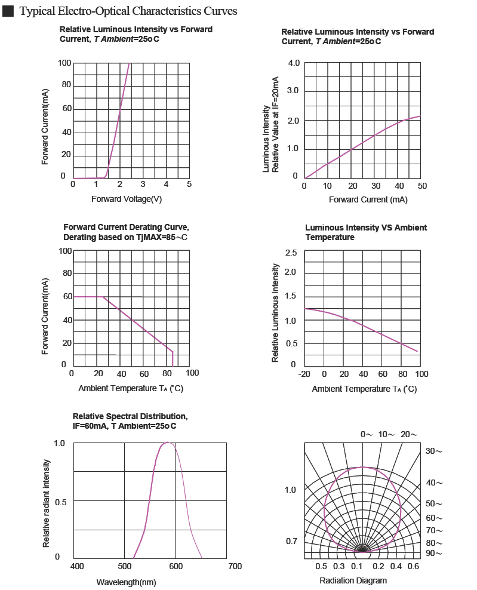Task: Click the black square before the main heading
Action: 8,12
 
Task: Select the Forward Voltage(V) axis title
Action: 127,199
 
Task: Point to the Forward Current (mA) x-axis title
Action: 368,199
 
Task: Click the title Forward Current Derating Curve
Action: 126,228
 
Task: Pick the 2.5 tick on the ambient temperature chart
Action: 291,254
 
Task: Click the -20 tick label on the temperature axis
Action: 304,374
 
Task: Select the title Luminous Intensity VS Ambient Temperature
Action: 366,232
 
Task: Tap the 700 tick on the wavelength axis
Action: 235,566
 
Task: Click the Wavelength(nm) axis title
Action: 126,582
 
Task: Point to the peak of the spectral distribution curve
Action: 168,442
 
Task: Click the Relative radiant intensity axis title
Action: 47,503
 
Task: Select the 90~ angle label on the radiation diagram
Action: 434,554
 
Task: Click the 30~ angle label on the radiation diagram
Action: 434,451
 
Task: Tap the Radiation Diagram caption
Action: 353,580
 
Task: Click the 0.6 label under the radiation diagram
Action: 413,566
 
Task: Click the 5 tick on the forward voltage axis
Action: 189,184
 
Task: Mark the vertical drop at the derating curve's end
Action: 173,359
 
